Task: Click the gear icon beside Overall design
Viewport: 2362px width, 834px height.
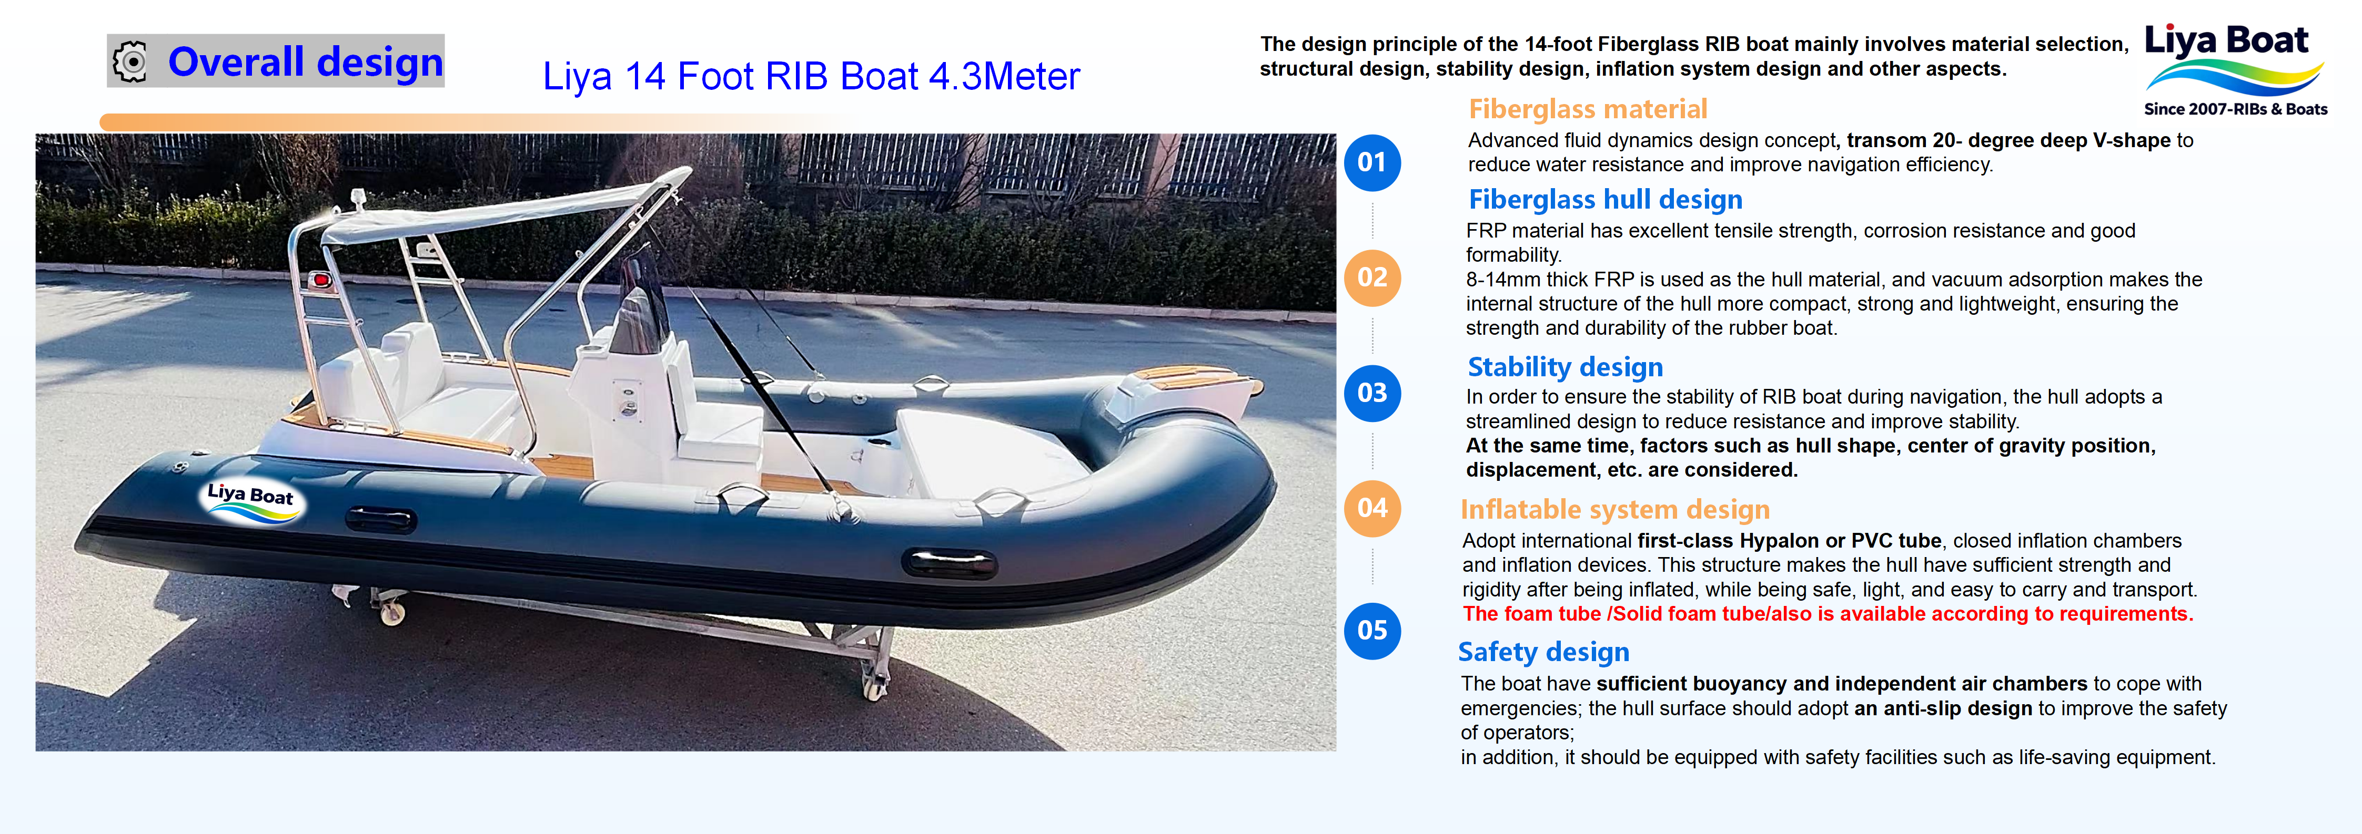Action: tap(130, 61)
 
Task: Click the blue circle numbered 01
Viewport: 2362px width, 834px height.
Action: tap(1372, 163)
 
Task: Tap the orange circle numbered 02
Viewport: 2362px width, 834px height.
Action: tap(1372, 277)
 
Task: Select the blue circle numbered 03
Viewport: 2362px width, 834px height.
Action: tap(1372, 393)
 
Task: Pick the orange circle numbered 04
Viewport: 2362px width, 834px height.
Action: tap(1372, 508)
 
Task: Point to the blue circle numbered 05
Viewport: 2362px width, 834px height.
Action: tap(1372, 631)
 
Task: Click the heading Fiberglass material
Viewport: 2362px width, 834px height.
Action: tap(1587, 109)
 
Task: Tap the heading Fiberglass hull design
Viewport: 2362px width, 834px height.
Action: tap(1604, 200)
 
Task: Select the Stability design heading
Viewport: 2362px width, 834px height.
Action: tap(1564, 367)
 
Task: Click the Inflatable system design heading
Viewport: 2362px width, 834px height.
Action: tap(1614, 510)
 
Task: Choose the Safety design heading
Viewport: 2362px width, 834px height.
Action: tap(1543, 652)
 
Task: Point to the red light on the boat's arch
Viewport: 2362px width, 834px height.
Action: tap(320, 280)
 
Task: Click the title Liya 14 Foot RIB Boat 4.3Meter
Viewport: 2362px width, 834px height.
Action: tap(811, 76)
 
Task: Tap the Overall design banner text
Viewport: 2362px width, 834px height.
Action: tap(305, 61)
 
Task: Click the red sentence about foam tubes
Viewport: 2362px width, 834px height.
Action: tap(1828, 614)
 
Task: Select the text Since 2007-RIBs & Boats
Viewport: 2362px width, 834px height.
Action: tap(2235, 109)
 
